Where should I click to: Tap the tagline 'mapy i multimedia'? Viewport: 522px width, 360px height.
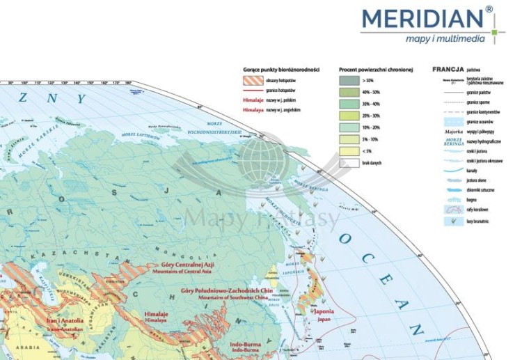tap(445, 39)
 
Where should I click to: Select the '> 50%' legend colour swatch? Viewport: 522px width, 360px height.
tap(349, 81)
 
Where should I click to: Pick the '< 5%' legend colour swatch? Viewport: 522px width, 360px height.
tap(349, 151)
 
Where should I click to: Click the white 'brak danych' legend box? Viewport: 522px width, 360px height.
tap(349, 163)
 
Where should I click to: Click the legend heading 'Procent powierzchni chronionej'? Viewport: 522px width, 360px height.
tap(376, 70)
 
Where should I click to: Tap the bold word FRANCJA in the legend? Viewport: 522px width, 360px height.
tap(448, 70)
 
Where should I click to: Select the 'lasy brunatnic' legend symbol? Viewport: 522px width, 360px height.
tap(450, 221)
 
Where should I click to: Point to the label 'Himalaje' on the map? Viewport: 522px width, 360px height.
tap(157, 314)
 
